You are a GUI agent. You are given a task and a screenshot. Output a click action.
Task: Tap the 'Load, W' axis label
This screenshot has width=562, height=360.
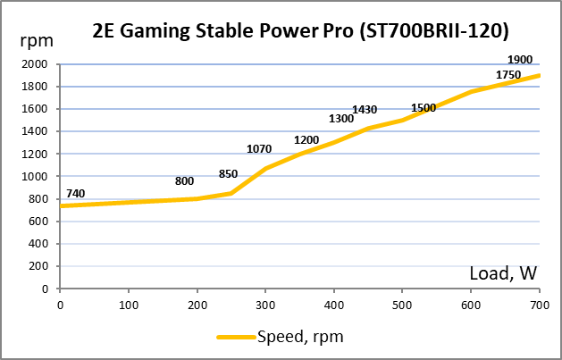tap(503, 274)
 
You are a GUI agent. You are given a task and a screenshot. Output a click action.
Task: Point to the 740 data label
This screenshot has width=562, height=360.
tap(76, 194)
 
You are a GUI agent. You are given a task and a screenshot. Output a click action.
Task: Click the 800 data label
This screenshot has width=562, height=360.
tap(185, 181)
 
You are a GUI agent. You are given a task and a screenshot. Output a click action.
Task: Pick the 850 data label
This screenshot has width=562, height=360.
tap(229, 174)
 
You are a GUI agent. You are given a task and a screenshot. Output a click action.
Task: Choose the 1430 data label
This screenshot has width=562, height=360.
tap(365, 109)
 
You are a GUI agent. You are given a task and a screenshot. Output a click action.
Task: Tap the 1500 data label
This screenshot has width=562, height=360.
tap(424, 108)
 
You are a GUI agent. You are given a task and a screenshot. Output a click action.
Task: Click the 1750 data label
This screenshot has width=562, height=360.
tap(507, 75)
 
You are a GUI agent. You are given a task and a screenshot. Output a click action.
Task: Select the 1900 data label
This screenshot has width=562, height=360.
tap(519, 60)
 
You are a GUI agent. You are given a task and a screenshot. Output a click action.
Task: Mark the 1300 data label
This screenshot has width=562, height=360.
tap(341, 119)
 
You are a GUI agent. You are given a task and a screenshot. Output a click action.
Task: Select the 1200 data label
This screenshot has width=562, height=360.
tap(306, 140)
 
